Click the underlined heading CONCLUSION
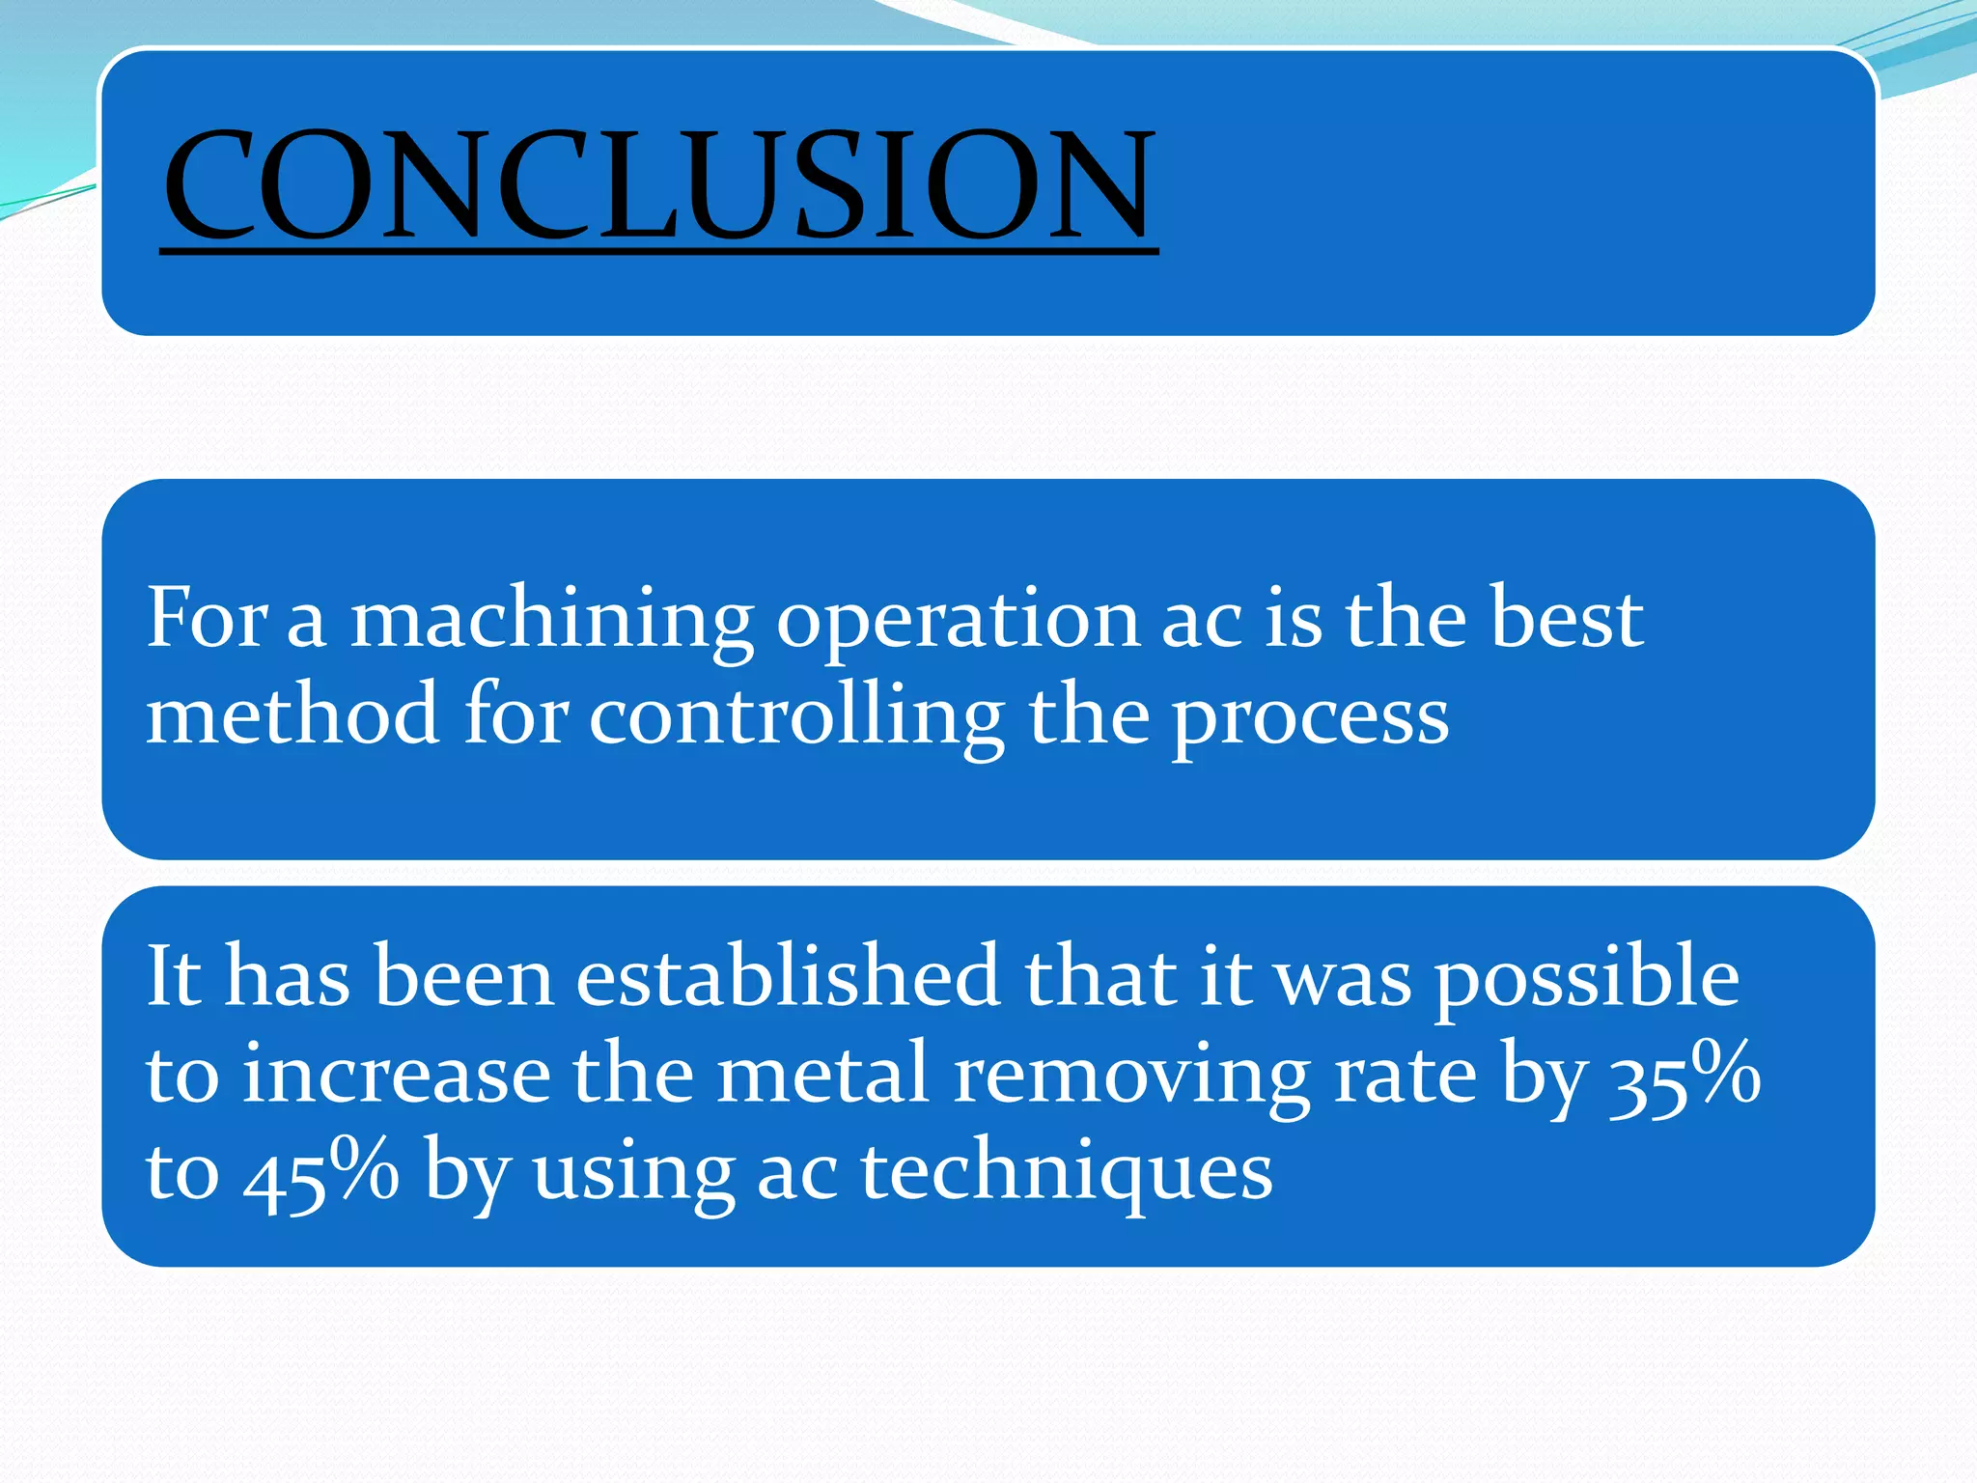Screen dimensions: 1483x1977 (659, 185)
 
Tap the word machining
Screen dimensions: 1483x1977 (551, 620)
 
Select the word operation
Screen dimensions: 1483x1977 (958, 620)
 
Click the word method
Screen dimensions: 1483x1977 (292, 714)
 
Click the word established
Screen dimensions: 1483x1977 (788, 976)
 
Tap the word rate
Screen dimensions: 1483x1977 (1405, 1076)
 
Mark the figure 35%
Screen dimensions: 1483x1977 (1685, 1077)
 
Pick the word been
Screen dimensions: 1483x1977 (464, 977)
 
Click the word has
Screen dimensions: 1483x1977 (287, 977)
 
